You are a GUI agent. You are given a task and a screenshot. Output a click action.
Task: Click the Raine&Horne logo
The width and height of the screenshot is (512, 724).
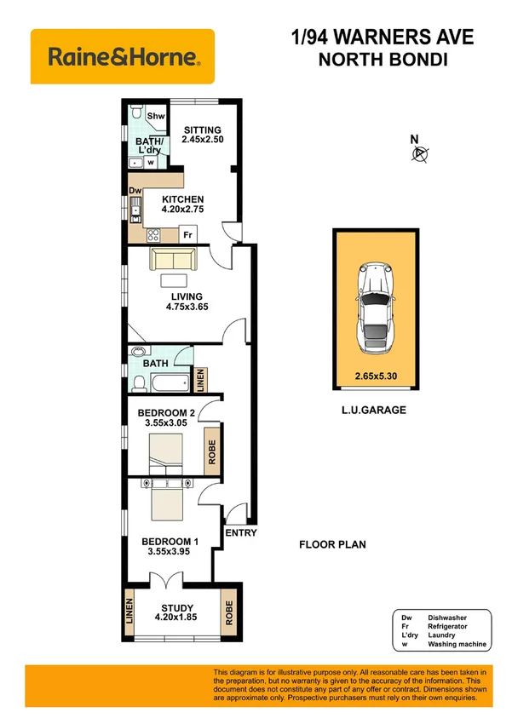[123, 58]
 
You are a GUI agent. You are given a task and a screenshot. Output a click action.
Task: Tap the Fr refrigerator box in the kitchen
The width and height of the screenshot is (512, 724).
[187, 233]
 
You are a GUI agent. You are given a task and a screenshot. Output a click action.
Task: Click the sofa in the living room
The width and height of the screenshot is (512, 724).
[173, 258]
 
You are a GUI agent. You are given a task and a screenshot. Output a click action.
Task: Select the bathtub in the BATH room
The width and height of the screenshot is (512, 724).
[170, 382]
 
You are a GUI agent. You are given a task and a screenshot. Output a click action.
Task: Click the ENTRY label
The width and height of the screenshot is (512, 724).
[240, 533]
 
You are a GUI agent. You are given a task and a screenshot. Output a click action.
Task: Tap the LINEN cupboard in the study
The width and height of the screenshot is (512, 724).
[130, 609]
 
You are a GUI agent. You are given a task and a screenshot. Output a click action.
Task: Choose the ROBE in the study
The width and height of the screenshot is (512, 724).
[228, 609]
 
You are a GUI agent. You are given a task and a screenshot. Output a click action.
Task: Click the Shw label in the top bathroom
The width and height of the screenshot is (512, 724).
[156, 117]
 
